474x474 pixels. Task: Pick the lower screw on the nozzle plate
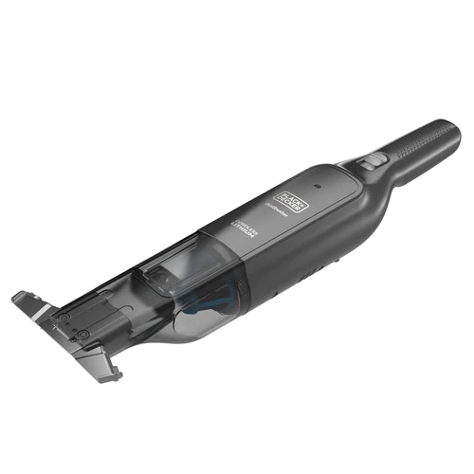(86, 334)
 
